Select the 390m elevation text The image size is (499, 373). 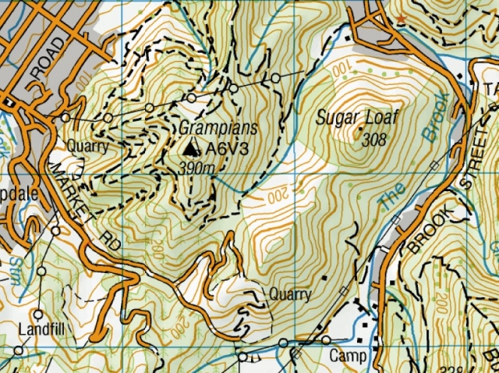(x=196, y=169)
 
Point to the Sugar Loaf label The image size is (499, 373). (x=358, y=118)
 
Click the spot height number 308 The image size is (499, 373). (x=375, y=140)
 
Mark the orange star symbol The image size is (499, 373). (x=402, y=18)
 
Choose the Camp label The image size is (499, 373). (x=347, y=356)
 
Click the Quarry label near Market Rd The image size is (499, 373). (x=87, y=146)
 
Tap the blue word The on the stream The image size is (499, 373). (x=393, y=200)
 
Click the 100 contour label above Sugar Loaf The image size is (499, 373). (x=343, y=70)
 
